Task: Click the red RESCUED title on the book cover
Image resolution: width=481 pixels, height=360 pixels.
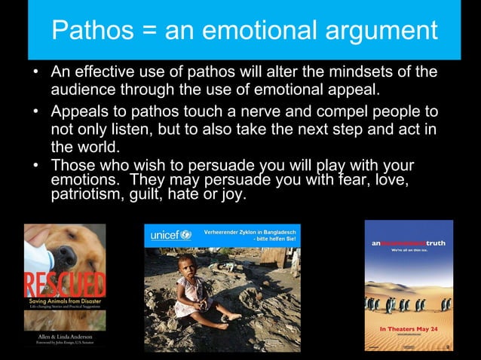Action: pyautogui.click(x=65, y=285)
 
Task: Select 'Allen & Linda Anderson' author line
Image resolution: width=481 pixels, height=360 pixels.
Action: pyautogui.click(x=65, y=332)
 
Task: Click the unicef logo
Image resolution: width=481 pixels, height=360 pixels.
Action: pyautogui.click(x=170, y=235)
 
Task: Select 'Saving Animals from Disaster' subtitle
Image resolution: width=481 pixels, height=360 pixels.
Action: pyautogui.click(x=64, y=302)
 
